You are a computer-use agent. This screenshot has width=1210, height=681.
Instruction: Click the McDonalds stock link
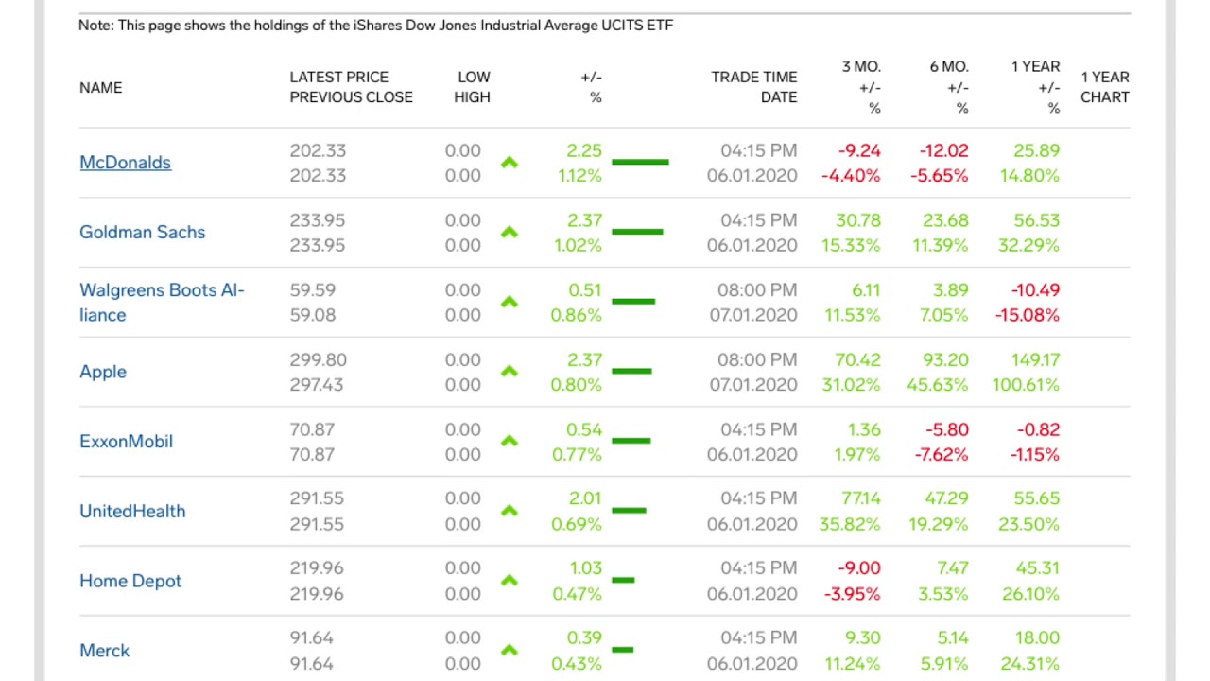click(125, 163)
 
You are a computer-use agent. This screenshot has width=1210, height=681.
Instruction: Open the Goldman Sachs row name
click(142, 233)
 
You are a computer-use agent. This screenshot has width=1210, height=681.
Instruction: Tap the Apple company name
click(103, 372)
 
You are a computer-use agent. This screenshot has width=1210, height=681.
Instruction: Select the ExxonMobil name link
click(126, 442)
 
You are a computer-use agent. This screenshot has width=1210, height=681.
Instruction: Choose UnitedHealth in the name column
click(132, 512)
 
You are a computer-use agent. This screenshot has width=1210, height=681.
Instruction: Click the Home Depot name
click(130, 582)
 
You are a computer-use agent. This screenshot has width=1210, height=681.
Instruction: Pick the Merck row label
click(105, 651)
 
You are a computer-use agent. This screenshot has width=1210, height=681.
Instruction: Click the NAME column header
click(100, 88)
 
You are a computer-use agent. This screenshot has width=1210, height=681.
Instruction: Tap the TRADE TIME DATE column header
click(753, 87)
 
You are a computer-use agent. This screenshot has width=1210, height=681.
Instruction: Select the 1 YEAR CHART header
click(1104, 87)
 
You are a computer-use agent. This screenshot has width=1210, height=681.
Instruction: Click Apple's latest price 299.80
click(318, 360)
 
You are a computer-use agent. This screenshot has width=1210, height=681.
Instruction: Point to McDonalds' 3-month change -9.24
click(858, 151)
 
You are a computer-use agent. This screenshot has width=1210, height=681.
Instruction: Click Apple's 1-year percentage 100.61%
click(1026, 385)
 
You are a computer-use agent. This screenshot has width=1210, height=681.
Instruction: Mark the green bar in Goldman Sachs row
click(637, 232)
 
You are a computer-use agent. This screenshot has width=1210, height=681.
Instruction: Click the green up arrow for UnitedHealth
click(510, 511)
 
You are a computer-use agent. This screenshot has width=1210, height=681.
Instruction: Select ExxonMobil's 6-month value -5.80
click(945, 430)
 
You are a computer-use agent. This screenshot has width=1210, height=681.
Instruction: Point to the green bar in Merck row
click(622, 650)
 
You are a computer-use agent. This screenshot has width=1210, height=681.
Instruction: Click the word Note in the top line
click(95, 26)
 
